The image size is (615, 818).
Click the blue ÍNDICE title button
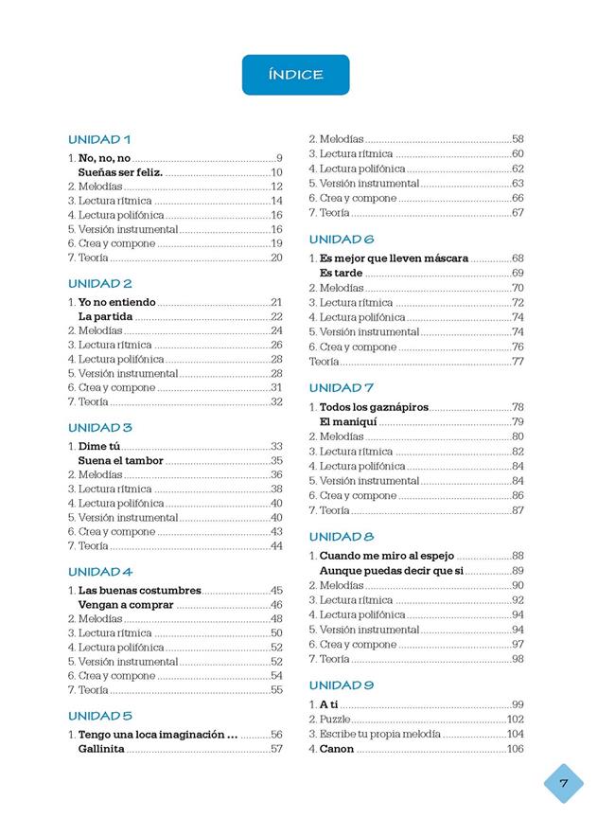[295, 75]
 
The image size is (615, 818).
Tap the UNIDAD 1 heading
[99, 139]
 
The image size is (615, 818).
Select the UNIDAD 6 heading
[342, 239]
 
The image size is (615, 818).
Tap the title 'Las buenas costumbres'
[139, 590]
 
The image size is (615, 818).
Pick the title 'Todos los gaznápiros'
[374, 407]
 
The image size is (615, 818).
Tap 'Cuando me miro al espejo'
[387, 556]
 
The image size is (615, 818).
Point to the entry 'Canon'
[336, 749]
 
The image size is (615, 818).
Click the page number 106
[515, 749]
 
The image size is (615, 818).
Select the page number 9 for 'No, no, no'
[279, 158]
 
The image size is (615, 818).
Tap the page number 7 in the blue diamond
[563, 783]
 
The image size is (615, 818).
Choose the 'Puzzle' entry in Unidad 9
[336, 720]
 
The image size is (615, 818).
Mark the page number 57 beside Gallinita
[276, 749]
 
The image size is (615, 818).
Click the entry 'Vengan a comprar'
[126, 605]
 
